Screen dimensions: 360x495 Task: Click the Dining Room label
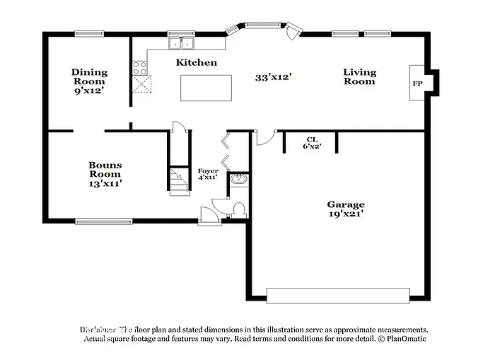(x=89, y=76)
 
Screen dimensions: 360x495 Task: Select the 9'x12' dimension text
(x=89, y=91)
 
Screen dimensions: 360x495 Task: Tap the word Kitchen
(x=197, y=63)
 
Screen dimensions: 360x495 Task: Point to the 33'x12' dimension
(x=274, y=77)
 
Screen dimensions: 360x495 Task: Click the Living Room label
(x=359, y=76)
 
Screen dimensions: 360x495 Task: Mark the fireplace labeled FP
(x=417, y=83)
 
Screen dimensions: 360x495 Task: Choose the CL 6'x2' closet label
(x=311, y=143)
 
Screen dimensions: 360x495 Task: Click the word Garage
(x=346, y=204)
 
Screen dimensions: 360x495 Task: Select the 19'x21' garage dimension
(x=346, y=214)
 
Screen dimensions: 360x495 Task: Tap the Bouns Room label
(x=105, y=170)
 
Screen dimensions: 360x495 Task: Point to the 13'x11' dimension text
(x=105, y=183)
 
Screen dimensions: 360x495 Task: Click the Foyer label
(x=208, y=171)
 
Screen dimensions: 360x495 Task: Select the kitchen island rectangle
(x=206, y=87)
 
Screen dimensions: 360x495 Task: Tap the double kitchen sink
(x=182, y=44)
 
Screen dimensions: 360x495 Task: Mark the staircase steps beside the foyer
(x=178, y=181)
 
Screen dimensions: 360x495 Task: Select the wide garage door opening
(x=338, y=294)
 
